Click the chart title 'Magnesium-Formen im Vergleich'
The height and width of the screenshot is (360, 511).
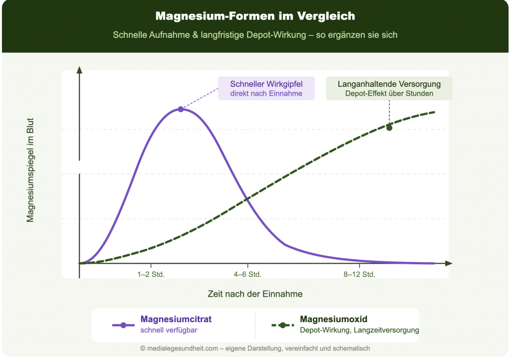tap(255, 16)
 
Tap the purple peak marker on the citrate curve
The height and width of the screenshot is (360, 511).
tap(181, 109)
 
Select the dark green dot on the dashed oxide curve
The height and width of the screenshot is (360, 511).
tap(389, 128)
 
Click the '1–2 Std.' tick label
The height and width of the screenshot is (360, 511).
tap(151, 274)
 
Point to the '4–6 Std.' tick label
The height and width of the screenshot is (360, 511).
tap(248, 274)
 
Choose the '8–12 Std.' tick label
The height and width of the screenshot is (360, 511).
tap(359, 274)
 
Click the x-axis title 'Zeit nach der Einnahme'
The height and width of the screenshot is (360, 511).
tap(255, 294)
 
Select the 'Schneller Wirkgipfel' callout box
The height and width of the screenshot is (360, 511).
tap(266, 88)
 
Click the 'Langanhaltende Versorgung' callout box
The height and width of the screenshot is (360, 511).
tap(389, 88)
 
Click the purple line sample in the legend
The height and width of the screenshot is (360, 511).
tap(123, 325)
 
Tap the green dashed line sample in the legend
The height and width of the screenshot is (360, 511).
tap(282, 325)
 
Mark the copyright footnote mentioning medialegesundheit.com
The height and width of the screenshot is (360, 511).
tap(255, 349)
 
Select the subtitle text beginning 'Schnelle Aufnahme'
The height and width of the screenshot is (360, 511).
tap(255, 35)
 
